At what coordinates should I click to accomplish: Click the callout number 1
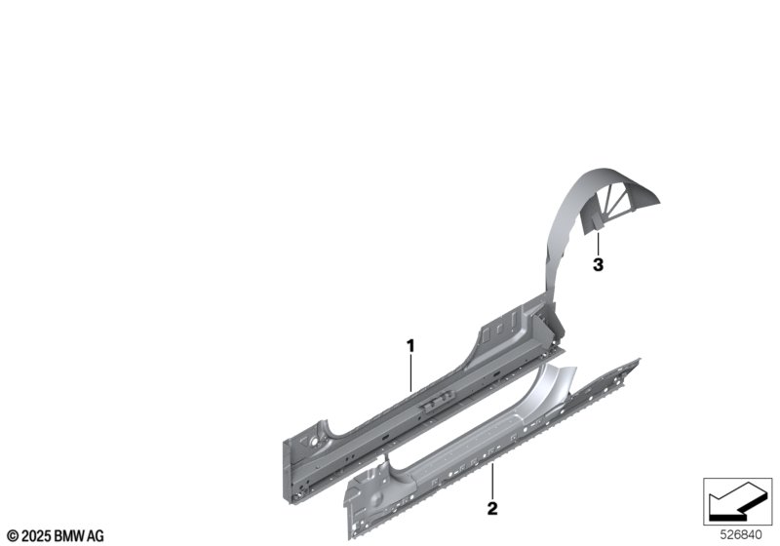(x=410, y=345)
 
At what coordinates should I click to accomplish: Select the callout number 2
(x=492, y=508)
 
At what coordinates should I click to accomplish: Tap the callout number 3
(x=598, y=265)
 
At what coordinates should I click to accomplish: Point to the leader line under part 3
(x=598, y=244)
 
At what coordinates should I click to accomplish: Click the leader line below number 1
(x=410, y=373)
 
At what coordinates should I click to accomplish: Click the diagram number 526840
(x=741, y=535)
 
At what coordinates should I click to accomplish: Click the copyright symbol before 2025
(x=14, y=536)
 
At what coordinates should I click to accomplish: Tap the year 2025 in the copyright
(x=36, y=536)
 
